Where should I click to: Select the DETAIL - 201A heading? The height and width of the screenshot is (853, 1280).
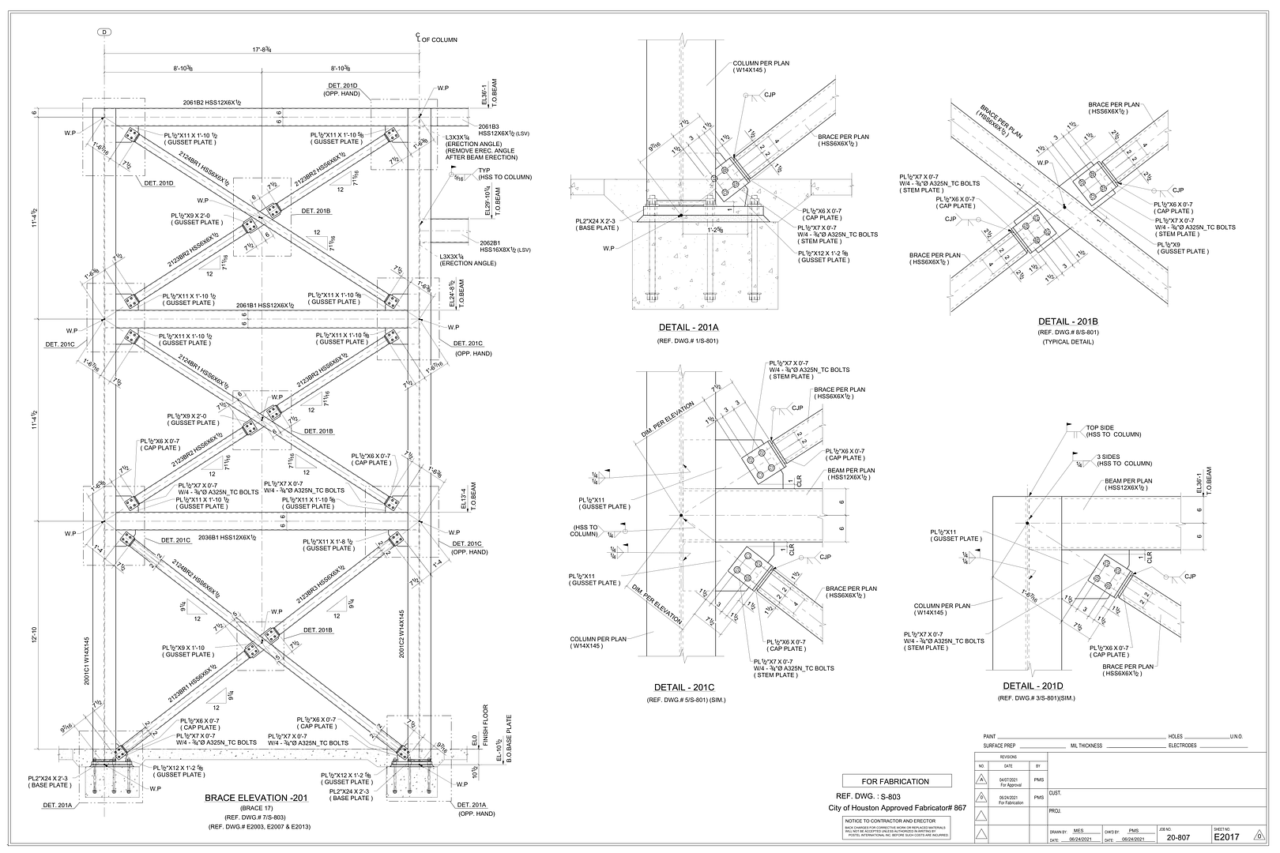[688, 328]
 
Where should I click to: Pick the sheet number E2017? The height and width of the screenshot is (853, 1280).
[1226, 836]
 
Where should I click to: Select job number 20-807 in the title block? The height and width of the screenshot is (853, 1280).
[1179, 837]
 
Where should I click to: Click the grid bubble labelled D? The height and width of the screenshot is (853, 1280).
[104, 32]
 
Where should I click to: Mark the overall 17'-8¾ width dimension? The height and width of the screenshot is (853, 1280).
[262, 50]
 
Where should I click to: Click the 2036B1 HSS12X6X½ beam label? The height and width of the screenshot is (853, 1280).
[228, 537]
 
